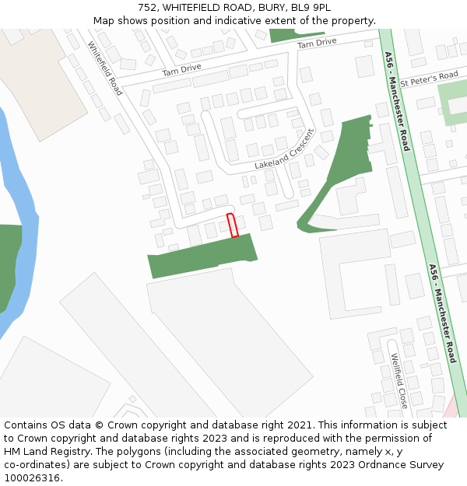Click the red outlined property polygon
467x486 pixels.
click(231, 225)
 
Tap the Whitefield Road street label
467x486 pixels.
click(105, 68)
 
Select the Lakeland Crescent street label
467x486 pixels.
click(284, 149)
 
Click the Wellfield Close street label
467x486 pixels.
click(399, 381)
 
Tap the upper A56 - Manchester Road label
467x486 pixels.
click(396, 101)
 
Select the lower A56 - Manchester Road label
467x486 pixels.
click(441, 313)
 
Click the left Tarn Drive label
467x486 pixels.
click(181, 70)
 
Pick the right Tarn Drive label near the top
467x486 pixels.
click(317, 44)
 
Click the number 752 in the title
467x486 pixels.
click(148, 8)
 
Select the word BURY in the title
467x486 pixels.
click(267, 8)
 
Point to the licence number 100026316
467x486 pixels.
click(33, 477)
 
